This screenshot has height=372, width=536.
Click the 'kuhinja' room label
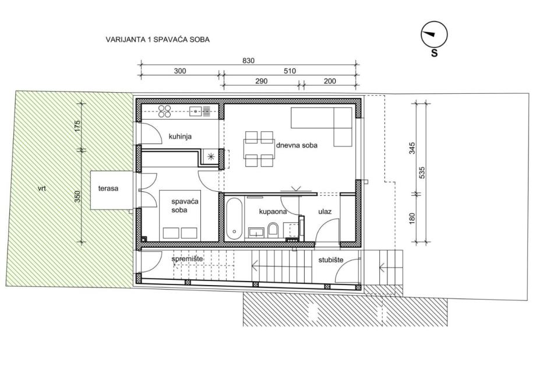[x=180, y=136]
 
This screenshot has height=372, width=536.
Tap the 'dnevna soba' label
[x=297, y=145]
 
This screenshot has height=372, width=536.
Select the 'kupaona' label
[x=273, y=212]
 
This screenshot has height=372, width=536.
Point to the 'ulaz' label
[x=325, y=212]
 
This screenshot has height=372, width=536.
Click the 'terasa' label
[x=108, y=188]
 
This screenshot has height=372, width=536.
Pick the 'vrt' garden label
[x=42, y=188]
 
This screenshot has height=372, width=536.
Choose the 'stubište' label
[x=330, y=260]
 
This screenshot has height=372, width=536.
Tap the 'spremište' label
[x=187, y=259]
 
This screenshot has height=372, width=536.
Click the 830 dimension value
[x=249, y=61]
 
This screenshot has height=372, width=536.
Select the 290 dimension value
[x=261, y=81]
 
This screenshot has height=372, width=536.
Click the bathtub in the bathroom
[x=234, y=219]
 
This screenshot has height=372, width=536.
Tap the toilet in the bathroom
[x=273, y=230]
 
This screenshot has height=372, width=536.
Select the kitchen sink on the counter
[x=196, y=111]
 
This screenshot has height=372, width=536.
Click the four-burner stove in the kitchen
[x=164, y=111]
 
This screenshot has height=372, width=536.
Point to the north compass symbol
[x=434, y=34]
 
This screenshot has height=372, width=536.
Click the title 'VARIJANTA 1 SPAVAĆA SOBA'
[x=157, y=39]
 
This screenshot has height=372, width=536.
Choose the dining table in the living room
[x=259, y=149]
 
